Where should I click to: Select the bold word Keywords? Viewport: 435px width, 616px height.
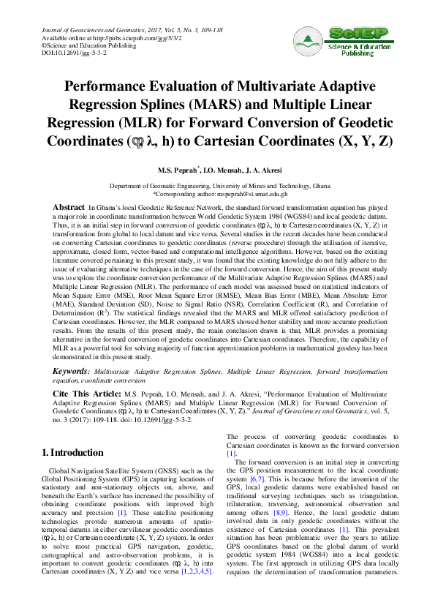pyautogui.click(x=71, y=371)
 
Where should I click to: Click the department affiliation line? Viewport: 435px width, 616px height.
pyautogui.click(x=219, y=187)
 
